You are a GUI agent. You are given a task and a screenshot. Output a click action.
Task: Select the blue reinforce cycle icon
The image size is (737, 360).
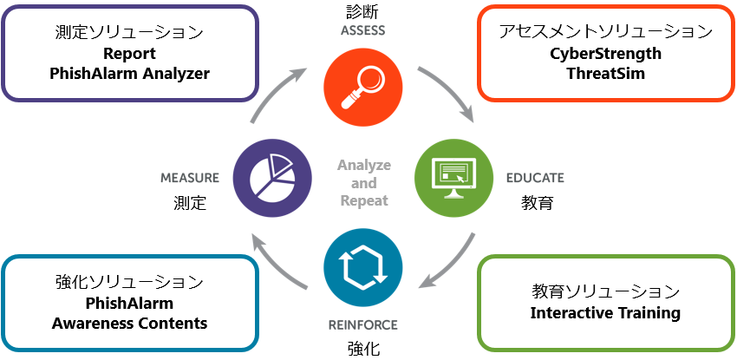(362, 268)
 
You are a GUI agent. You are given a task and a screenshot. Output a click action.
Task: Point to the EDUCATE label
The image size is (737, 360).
(535, 178)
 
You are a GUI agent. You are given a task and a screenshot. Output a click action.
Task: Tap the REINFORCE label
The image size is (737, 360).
(362, 325)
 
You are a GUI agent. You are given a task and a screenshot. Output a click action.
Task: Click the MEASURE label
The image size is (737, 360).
(190, 178)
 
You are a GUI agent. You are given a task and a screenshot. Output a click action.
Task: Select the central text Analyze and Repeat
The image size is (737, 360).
(363, 182)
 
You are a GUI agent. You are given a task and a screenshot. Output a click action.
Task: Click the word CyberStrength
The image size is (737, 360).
(605, 54)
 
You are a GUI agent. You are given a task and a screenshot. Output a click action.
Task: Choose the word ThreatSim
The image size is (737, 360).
(605, 74)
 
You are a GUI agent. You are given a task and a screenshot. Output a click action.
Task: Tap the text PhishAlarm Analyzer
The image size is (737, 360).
(130, 74)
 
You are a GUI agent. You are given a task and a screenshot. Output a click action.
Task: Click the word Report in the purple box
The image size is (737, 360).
(130, 54)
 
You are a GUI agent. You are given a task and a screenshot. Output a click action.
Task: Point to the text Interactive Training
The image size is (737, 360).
(605, 312)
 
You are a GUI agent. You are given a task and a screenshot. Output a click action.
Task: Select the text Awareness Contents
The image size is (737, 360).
(130, 323)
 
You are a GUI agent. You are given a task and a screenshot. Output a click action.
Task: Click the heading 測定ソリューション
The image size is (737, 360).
(130, 32)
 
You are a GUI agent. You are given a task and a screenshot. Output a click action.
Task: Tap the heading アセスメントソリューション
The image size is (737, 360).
(605, 32)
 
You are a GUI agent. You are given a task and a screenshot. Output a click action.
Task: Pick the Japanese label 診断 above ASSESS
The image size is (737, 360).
(363, 12)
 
